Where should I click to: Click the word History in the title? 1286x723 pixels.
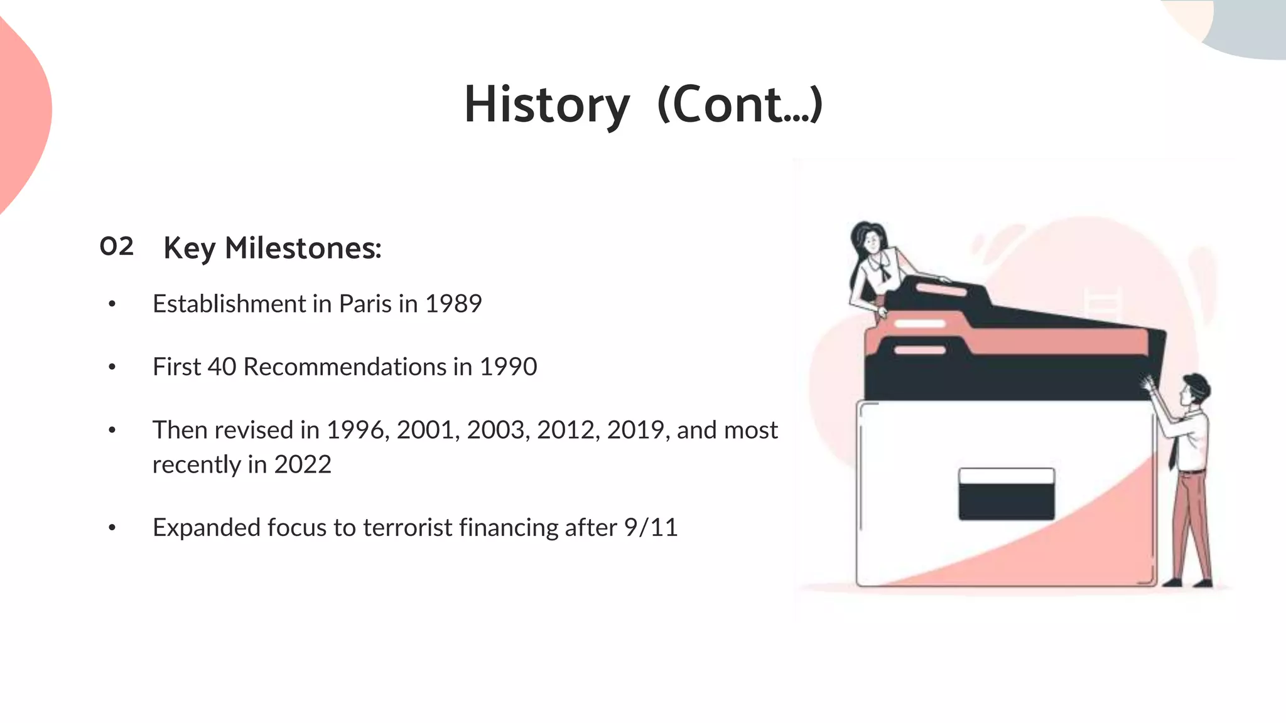coord(546,105)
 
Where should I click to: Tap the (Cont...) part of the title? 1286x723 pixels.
coord(739,105)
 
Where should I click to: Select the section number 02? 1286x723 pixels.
coord(117,246)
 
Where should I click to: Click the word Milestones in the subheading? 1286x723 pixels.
coord(303,248)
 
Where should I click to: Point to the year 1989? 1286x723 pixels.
coord(453,304)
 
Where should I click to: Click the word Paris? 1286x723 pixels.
coord(365,304)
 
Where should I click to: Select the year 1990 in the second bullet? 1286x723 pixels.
coord(508,367)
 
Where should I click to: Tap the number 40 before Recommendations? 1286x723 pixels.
coord(222,367)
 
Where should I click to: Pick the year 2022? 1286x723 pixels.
coord(302,464)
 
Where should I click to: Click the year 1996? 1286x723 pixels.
coord(355,430)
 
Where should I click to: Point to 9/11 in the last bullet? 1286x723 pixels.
coord(651,527)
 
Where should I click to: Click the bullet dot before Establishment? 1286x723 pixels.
coord(112,304)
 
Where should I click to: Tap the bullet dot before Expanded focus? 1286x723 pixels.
coord(112,528)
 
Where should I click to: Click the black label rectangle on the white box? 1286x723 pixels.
coord(1006,500)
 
